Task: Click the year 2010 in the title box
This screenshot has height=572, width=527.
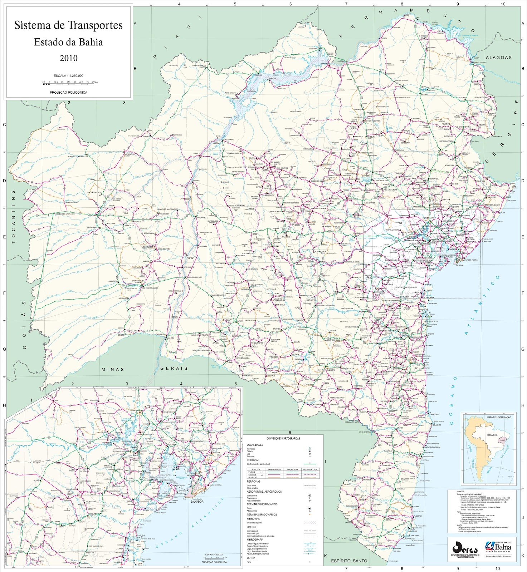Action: coord(68,58)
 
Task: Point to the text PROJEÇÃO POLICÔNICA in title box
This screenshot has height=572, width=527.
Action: coord(68,92)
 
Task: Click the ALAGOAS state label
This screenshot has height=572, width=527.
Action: coord(498,57)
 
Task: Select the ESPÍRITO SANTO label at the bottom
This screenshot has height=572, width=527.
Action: coord(349,561)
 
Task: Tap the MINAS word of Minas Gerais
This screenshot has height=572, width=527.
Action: coord(113,369)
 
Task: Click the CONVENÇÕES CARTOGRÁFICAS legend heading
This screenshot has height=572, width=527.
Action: coord(283,438)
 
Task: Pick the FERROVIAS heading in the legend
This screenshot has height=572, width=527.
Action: coord(254,482)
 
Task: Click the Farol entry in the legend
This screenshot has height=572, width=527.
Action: coord(249,562)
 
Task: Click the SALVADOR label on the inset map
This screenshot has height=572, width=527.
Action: coord(197,502)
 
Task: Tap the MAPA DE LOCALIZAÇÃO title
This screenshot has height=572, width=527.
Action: coord(498,417)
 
